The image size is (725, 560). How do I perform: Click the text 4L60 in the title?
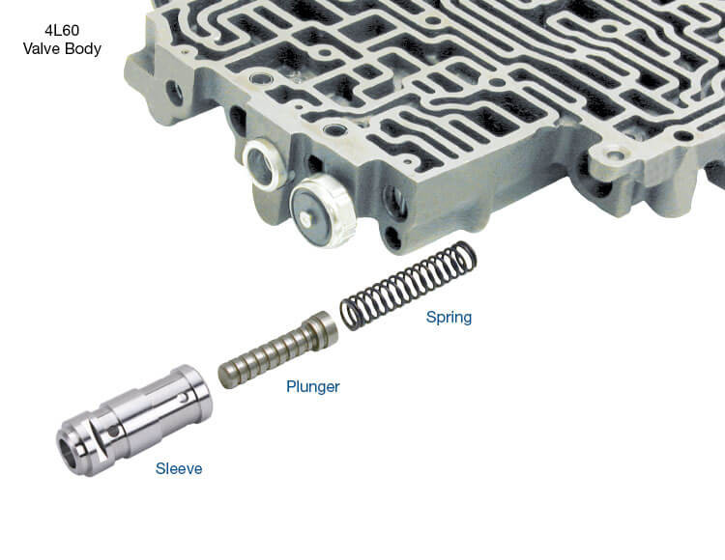(62, 31)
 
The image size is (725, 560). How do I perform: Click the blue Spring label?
(449, 318)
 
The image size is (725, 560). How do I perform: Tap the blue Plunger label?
(313, 386)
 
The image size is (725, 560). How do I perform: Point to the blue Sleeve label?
(179, 468)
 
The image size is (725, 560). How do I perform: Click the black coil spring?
(408, 286)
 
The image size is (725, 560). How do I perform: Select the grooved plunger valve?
(278, 350)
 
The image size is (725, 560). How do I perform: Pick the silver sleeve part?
(134, 420)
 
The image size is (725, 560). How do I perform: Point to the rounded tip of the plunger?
(225, 377)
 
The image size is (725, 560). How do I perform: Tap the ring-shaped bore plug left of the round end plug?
(264, 164)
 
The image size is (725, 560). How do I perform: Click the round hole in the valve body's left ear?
(175, 93)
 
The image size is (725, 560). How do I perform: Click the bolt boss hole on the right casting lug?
(615, 155)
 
